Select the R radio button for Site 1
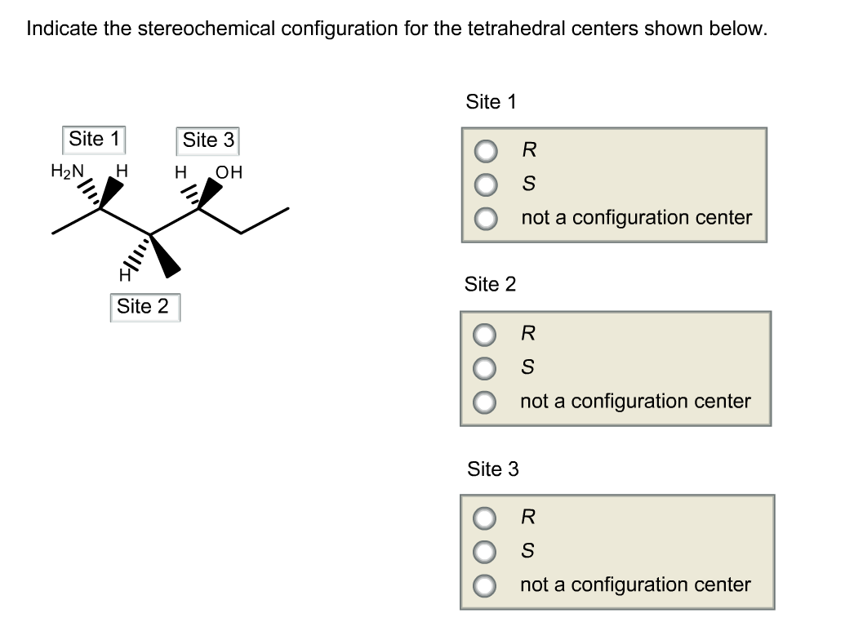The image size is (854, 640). click(486, 151)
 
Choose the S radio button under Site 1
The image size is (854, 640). click(486, 184)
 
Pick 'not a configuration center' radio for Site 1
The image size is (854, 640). click(486, 219)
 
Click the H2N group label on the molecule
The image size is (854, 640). click(68, 171)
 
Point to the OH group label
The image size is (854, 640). click(229, 172)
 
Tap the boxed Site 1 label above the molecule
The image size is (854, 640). click(94, 140)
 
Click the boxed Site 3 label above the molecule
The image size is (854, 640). click(207, 140)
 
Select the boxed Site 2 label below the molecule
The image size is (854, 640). click(145, 307)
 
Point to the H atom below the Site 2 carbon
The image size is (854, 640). click(125, 276)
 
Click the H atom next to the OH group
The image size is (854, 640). click(180, 172)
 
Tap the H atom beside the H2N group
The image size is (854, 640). click(122, 171)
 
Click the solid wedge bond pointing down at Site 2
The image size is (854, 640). click(165, 256)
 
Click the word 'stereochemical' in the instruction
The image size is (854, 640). click(207, 29)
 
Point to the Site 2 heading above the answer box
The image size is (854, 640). click(490, 284)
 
